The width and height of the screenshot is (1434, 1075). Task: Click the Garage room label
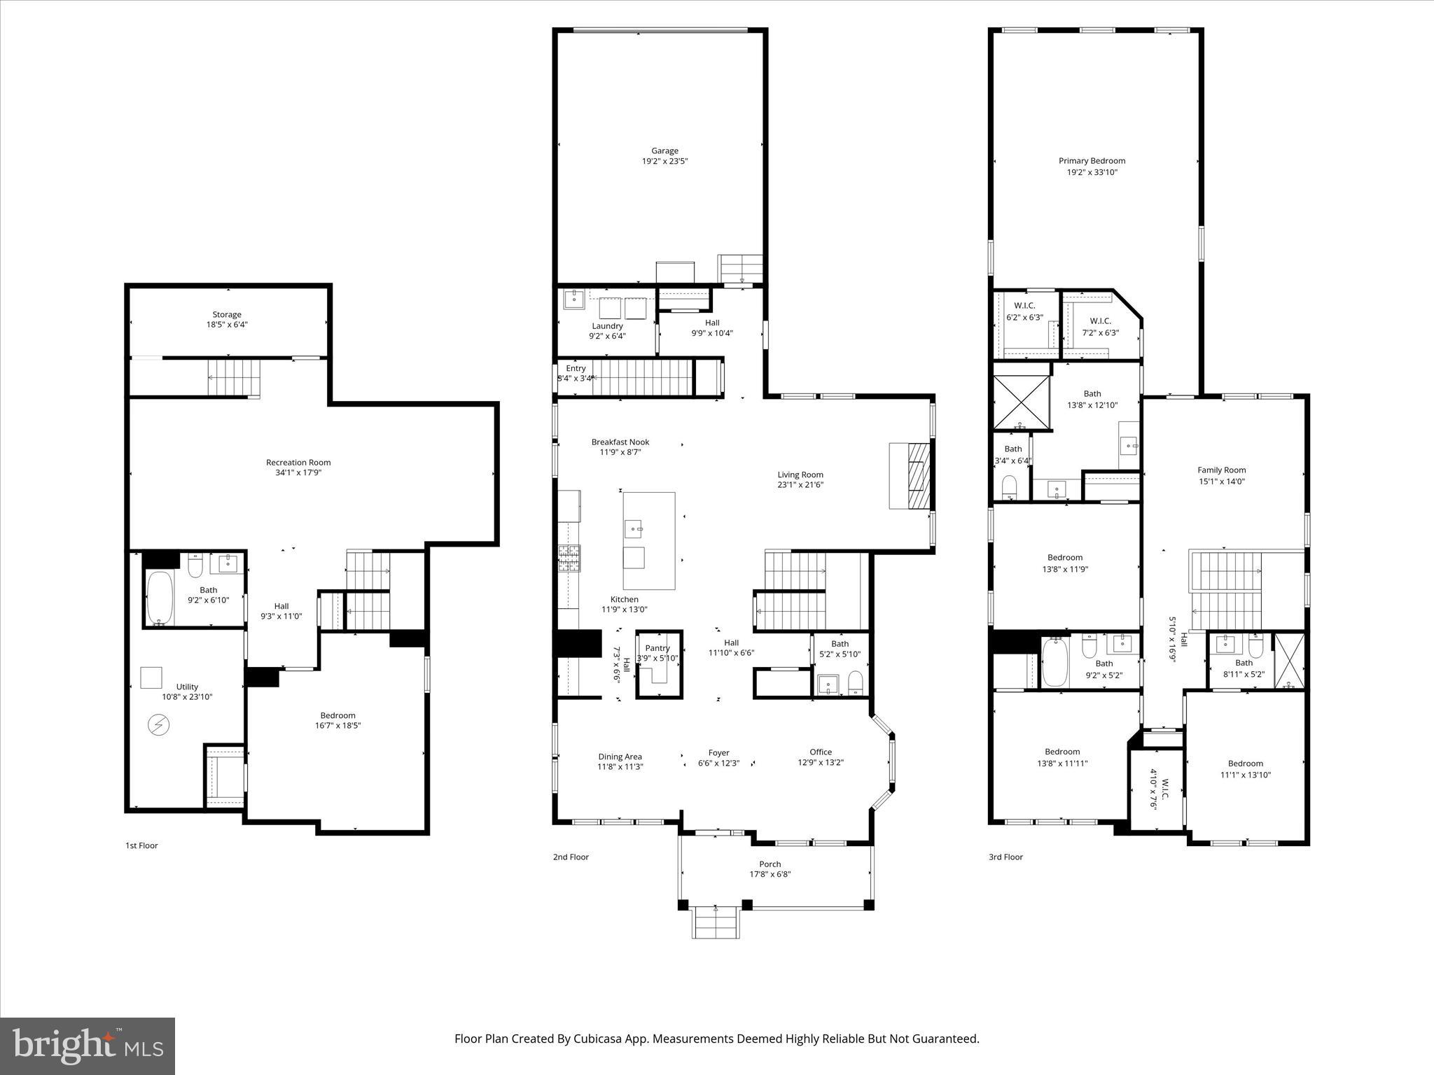coord(664,150)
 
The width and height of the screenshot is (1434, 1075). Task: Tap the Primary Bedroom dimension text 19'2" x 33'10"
coord(1092,171)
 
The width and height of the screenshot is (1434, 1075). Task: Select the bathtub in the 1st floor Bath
coord(160,598)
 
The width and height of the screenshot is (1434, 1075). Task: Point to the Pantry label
coord(657,648)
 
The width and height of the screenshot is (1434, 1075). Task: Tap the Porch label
coord(770,864)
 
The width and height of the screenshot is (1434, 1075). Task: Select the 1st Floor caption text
coord(141,845)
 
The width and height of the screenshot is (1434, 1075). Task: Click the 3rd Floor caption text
coord(1005,857)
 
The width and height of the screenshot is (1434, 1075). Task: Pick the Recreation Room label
coord(298,462)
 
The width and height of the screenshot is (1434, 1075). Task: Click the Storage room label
coord(227,314)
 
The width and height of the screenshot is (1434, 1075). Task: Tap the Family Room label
coord(1221,470)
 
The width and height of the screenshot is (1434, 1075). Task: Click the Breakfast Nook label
coord(620,442)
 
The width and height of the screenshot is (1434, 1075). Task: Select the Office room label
coord(821,752)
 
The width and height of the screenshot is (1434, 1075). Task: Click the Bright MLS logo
coord(87,1046)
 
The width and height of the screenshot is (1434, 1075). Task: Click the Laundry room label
coord(607,325)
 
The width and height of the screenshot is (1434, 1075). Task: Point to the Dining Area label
coord(620,757)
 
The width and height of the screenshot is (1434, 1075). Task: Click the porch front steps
coord(716,922)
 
